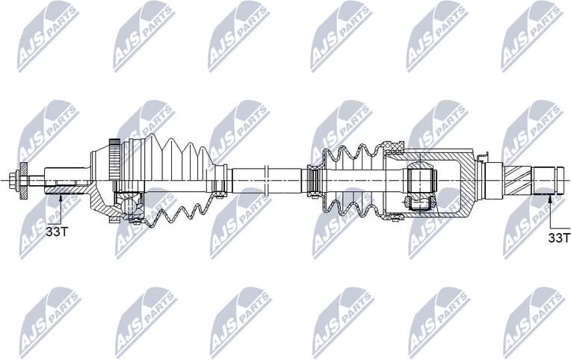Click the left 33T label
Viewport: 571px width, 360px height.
point(57,232)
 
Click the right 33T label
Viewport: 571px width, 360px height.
point(559,238)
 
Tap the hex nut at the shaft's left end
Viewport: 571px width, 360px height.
point(14,180)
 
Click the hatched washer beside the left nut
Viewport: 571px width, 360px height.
point(24,180)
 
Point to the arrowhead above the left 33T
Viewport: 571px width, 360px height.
point(58,198)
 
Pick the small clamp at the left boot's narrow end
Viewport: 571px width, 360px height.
point(219,180)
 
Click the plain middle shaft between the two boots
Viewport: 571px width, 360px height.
point(265,180)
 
